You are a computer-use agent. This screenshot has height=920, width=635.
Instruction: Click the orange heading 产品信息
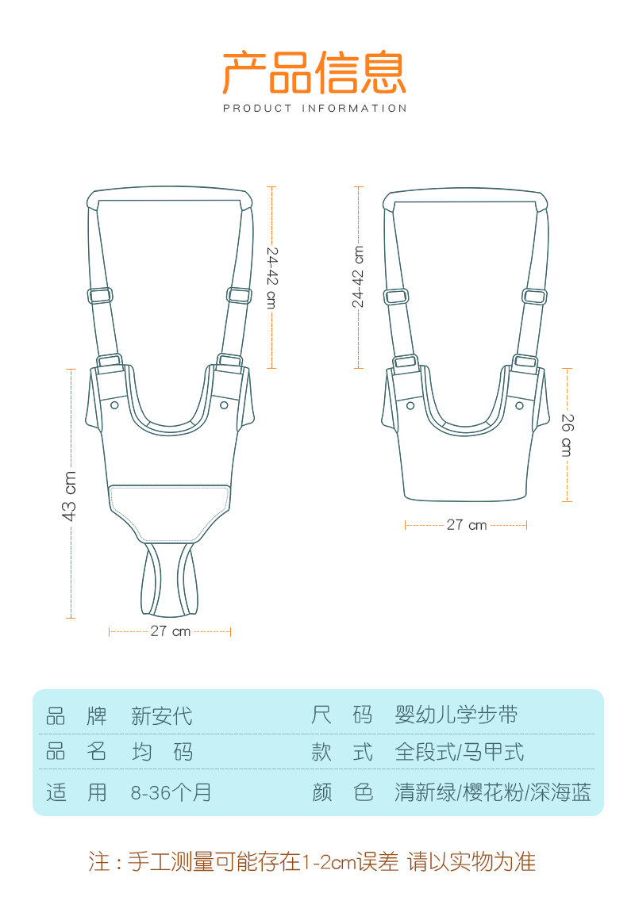[x=314, y=73]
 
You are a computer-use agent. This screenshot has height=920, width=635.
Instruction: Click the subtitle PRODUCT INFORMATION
[x=315, y=109]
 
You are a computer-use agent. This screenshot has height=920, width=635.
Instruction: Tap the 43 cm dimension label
[x=69, y=496]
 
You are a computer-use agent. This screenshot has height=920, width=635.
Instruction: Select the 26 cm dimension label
[x=567, y=435]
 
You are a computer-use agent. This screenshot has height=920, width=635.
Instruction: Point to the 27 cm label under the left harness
[x=171, y=631]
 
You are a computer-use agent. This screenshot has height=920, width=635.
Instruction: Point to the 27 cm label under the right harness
[x=467, y=524]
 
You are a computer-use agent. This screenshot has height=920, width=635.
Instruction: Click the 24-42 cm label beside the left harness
[x=271, y=278]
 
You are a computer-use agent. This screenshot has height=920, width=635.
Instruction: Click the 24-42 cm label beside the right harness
[x=358, y=276]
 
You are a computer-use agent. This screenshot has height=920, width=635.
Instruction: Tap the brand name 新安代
[x=162, y=716]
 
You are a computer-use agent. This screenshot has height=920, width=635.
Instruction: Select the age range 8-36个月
[x=171, y=792]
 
